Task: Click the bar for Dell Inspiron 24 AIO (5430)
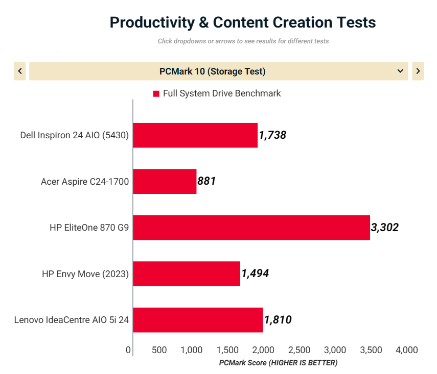195,135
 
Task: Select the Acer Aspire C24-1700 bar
165,181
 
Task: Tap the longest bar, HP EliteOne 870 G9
251,228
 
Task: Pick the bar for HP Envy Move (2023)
187,273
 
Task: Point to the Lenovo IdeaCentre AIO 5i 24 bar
198,320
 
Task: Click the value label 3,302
385,228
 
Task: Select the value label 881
207,181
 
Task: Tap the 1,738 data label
272,135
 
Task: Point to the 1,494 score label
255,273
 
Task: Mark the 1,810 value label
278,320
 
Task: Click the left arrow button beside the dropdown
20,71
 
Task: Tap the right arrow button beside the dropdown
418,71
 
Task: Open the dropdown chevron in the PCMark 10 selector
400,71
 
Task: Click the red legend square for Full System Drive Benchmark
156,94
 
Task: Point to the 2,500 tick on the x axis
299,350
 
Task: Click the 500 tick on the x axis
159,350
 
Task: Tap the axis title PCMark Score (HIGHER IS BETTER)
278,363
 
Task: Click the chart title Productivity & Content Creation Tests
243,22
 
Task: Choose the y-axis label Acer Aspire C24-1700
85,181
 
